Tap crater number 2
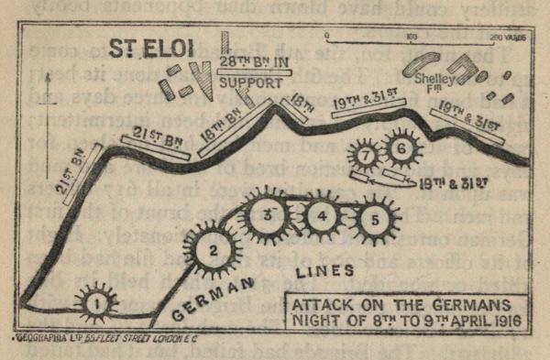(212, 246)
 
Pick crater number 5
(374, 220)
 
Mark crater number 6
(401, 147)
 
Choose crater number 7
(365, 156)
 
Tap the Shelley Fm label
(434, 83)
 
